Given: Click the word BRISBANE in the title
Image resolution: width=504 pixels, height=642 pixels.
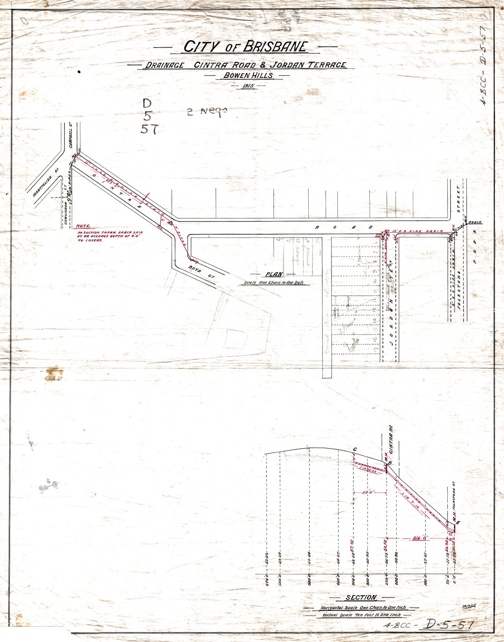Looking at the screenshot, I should (275, 46).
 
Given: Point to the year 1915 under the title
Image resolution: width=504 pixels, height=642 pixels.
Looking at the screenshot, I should (245, 85).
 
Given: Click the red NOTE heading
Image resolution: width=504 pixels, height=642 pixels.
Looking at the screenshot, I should (83, 226).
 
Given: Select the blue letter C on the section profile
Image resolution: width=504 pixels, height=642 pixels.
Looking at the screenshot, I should (355, 450).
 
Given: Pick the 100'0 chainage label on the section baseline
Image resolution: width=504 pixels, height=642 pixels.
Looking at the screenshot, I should (425, 580).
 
